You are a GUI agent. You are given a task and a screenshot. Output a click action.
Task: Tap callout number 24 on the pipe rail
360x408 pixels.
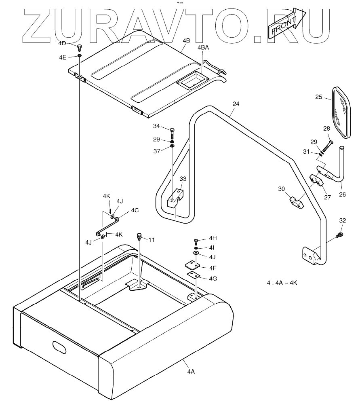coord(236,104)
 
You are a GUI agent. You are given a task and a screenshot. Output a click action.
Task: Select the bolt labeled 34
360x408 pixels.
coord(173,131)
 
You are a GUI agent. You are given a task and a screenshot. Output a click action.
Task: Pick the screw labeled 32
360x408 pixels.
coord(340,234)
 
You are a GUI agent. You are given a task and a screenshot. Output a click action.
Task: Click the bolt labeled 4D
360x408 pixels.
coord(79,47)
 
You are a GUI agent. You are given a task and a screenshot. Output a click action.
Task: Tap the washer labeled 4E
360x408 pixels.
coord(80,56)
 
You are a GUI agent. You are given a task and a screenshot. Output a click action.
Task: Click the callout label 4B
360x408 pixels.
coord(186,41)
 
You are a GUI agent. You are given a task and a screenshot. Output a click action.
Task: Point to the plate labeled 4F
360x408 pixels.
coord(193,265)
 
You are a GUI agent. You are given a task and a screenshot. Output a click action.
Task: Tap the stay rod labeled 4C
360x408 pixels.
coord(108,225)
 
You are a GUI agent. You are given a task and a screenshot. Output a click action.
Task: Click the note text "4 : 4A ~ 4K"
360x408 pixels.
coord(282,283)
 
